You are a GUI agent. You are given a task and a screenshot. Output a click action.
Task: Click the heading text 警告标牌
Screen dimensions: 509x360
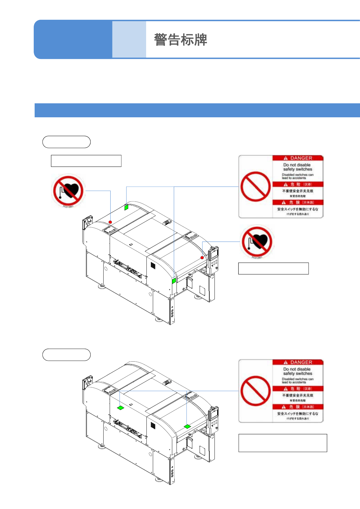tap(180, 40)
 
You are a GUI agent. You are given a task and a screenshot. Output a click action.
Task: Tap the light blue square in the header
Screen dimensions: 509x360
tap(129, 40)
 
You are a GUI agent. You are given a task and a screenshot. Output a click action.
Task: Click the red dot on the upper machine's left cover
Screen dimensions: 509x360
tap(110, 222)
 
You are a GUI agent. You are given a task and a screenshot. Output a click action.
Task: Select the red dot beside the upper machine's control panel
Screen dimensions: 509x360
tap(202, 258)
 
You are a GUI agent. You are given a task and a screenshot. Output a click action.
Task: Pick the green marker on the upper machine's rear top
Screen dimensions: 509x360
tap(126, 207)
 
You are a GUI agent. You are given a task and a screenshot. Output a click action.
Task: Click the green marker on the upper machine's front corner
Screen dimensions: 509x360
tap(174, 280)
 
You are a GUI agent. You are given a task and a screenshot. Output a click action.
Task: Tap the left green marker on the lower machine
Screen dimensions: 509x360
tap(121, 408)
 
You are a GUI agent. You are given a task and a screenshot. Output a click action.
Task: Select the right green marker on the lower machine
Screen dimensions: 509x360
tap(187, 426)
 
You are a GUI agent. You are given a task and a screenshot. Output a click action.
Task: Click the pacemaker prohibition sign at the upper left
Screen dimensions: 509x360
tap(68, 191)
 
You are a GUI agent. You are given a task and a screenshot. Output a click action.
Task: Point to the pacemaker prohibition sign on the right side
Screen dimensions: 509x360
tap(257, 242)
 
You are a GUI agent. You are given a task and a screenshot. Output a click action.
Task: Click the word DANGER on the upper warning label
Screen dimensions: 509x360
tap(301, 158)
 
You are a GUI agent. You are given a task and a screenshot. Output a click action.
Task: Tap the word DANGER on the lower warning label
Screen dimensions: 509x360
tap(301, 362)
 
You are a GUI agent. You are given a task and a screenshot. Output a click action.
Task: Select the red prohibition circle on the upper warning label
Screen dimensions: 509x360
tap(255, 187)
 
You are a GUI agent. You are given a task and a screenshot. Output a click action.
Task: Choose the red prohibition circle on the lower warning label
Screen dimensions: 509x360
tap(255, 391)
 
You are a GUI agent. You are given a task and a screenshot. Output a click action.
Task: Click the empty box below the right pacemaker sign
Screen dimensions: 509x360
tap(273, 269)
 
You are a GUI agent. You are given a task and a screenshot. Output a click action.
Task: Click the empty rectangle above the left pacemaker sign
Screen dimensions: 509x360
tap(86, 161)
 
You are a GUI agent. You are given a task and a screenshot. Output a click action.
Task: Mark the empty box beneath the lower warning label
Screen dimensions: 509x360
tap(283, 443)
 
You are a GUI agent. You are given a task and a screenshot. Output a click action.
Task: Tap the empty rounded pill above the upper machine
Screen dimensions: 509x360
tap(67, 142)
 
